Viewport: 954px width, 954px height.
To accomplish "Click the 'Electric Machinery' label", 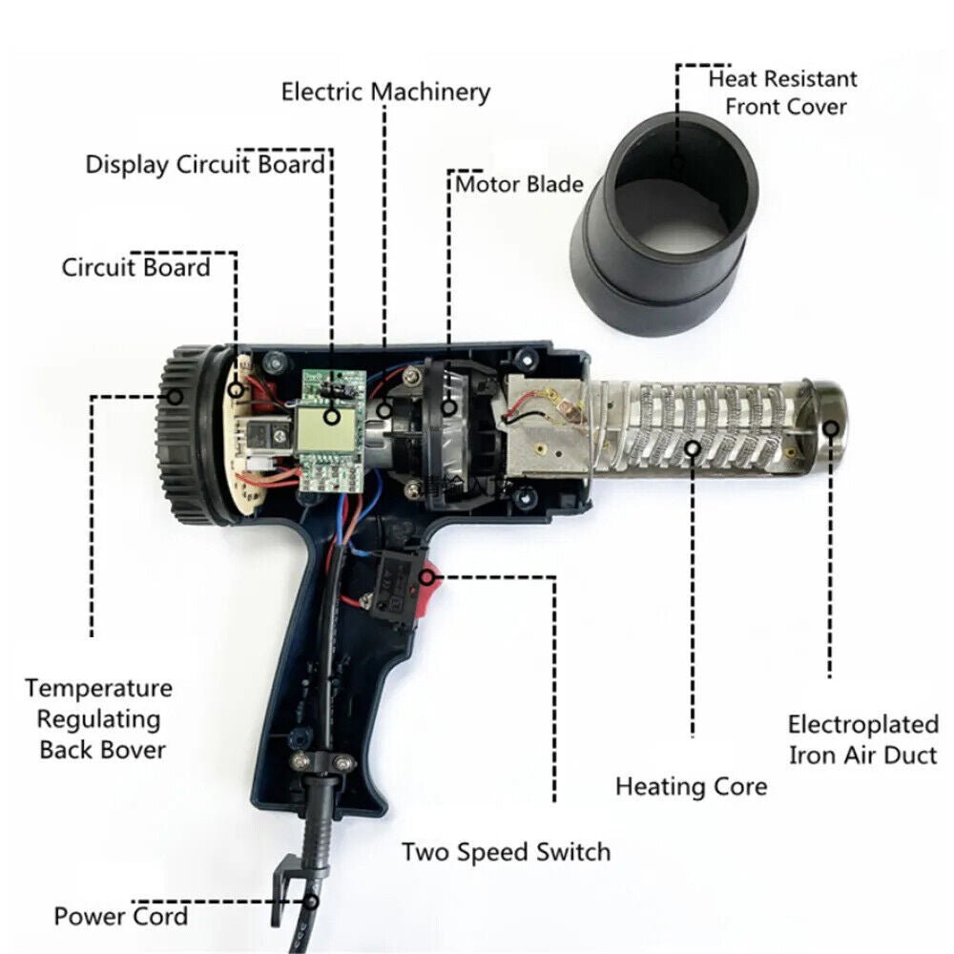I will coord(385,92).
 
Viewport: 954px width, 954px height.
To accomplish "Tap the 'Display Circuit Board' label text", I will coord(205,164).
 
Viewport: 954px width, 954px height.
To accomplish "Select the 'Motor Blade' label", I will coord(519,183).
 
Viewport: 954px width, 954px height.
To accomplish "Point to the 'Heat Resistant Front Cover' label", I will coord(782,92).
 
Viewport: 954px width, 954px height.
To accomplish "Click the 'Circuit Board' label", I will coord(135,267).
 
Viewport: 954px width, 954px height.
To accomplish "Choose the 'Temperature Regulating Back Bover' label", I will coord(99,718).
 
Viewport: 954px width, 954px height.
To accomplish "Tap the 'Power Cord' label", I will coord(120,917).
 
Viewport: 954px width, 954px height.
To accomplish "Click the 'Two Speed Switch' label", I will coord(506,851).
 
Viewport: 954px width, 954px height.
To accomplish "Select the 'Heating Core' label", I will coord(691,787).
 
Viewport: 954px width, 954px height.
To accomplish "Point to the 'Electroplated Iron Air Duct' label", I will coord(863,739).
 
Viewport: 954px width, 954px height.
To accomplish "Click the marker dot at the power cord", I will coord(312,900).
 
